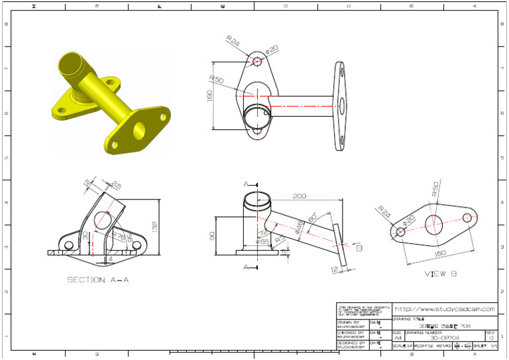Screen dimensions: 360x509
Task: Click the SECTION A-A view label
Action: tap(97, 280)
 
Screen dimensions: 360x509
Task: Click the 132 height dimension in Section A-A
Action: tap(154, 228)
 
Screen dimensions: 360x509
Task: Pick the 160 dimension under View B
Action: tap(439, 253)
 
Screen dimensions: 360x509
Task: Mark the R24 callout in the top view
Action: tap(233, 42)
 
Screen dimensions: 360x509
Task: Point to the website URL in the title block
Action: tap(445, 309)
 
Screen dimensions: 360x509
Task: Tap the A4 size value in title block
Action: tap(398, 337)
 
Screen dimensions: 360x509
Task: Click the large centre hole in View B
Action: tap(434, 223)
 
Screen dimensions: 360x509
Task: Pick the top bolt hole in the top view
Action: tap(258, 62)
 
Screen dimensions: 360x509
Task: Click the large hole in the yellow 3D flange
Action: tap(140, 129)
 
